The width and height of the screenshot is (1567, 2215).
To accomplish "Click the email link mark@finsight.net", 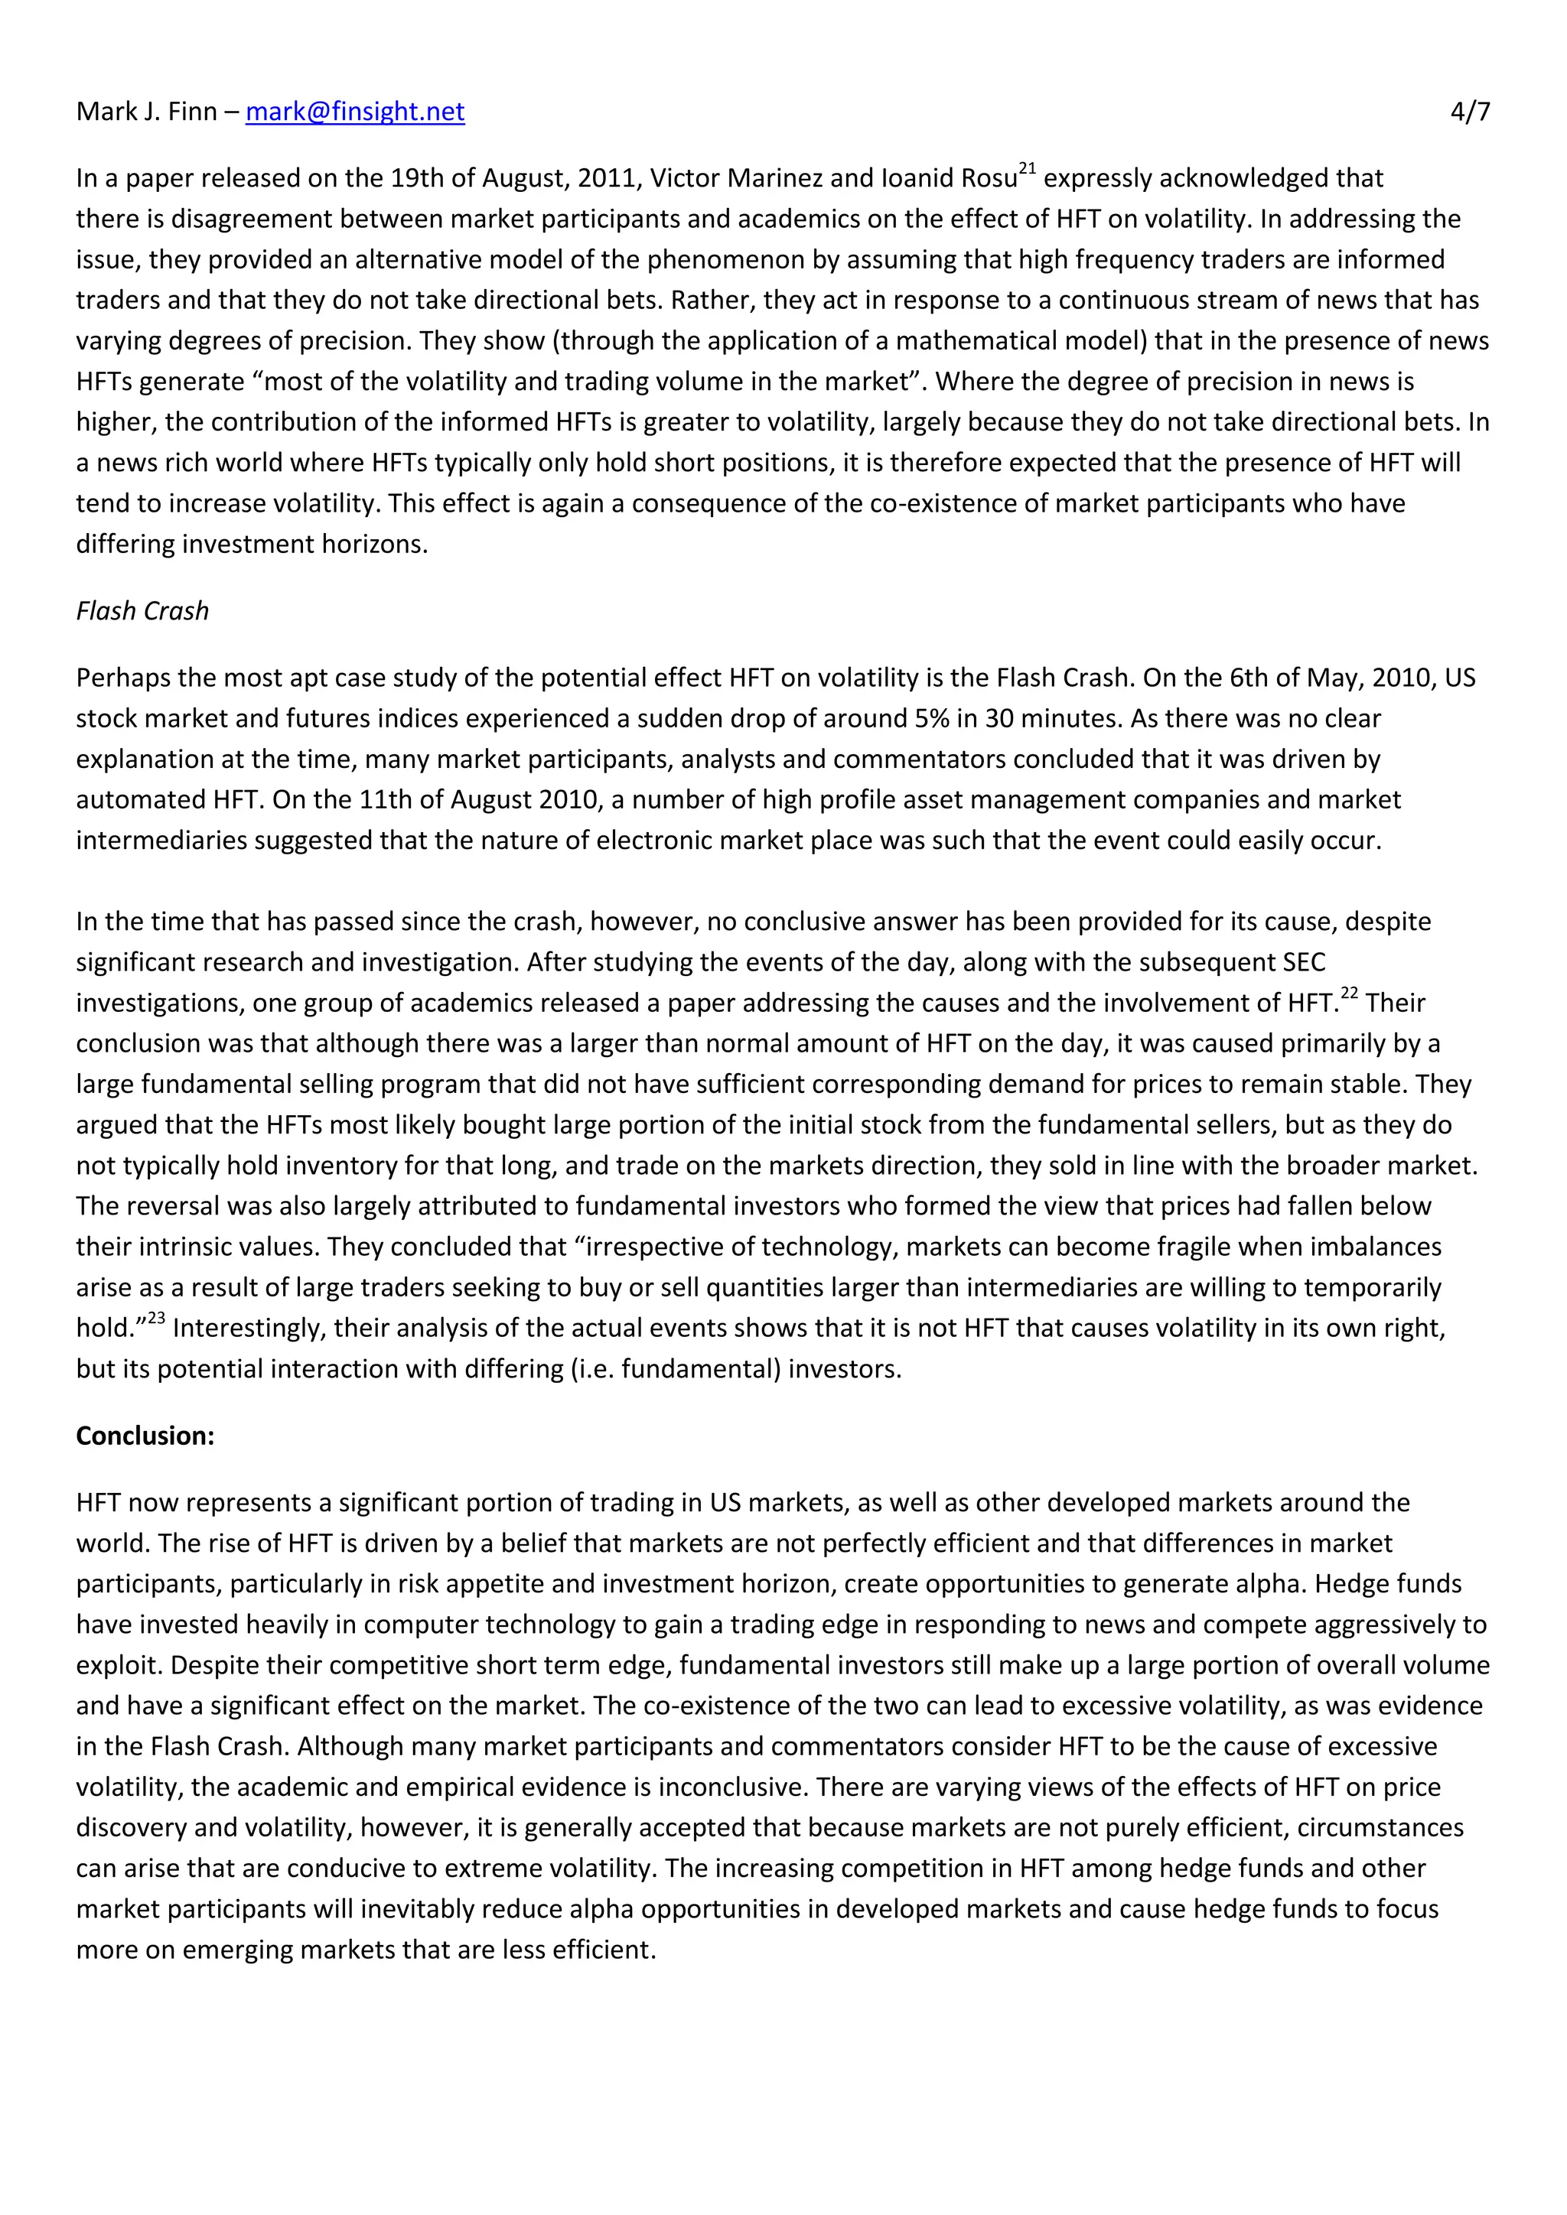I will click(354, 112).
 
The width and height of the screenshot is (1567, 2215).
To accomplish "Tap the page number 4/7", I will click(1470, 112).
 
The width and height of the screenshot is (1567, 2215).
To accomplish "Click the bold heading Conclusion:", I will click(145, 1436).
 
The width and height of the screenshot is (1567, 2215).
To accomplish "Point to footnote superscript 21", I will click(1027, 170).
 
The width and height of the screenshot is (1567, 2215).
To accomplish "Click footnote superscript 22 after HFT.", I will click(1349, 994).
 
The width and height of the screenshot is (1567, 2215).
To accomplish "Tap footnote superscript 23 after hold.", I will click(156, 1319).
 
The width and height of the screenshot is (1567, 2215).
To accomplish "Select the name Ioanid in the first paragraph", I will click(915, 178).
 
